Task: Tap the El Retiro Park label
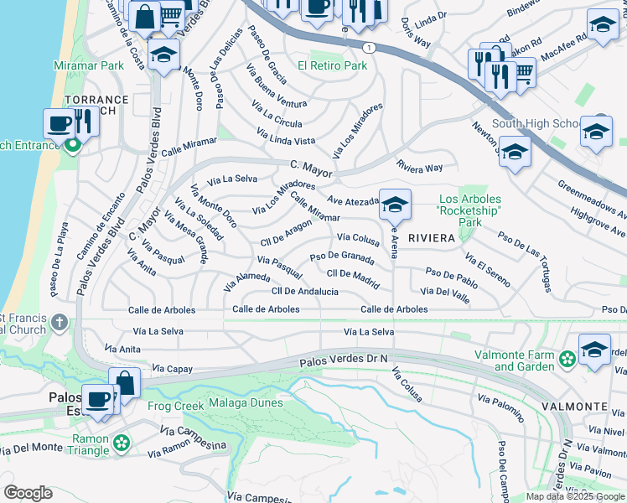(333, 65)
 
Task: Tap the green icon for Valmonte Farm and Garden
(567, 360)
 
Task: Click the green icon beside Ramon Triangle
(122, 442)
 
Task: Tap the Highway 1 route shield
(370, 49)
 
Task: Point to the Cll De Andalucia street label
(305, 291)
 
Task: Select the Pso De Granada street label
(342, 257)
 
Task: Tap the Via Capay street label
(172, 369)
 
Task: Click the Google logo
(28, 493)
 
